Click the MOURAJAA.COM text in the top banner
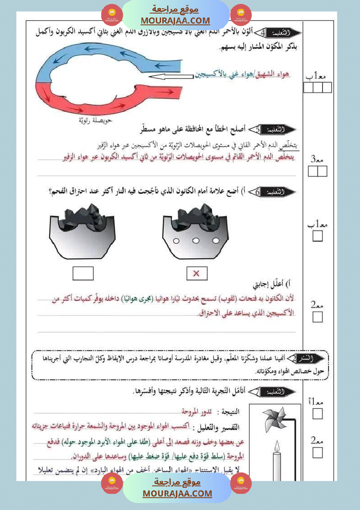175,21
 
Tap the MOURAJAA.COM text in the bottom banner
177,493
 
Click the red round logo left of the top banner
112,15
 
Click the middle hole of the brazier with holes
196,241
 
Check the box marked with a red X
196,274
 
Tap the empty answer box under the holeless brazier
83,274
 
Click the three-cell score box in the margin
318,88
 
